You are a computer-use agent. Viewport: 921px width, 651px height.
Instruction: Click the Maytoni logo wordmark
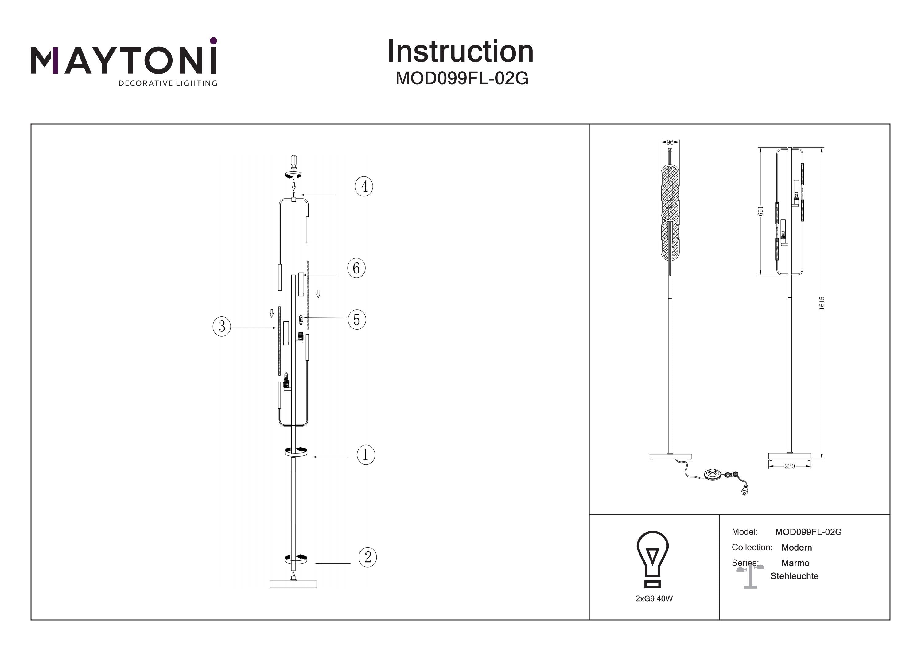(123, 60)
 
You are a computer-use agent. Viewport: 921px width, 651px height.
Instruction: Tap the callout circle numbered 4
(364, 187)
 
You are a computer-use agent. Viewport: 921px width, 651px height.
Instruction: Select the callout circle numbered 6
(356, 268)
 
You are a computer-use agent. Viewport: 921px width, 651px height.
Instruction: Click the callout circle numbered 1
(365, 455)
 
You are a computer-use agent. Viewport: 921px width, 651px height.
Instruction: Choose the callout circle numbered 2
(367, 557)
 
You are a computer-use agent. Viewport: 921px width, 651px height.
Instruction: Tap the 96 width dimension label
(670, 142)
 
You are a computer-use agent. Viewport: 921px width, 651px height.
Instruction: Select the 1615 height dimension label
(822, 303)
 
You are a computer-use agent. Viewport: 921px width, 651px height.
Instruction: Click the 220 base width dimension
(789, 466)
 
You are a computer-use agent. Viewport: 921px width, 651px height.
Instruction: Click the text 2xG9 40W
(654, 599)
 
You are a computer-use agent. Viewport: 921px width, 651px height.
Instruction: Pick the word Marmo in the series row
(795, 563)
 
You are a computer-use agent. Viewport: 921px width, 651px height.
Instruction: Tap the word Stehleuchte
(794, 576)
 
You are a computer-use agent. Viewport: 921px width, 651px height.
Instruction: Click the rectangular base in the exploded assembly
(293, 584)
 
